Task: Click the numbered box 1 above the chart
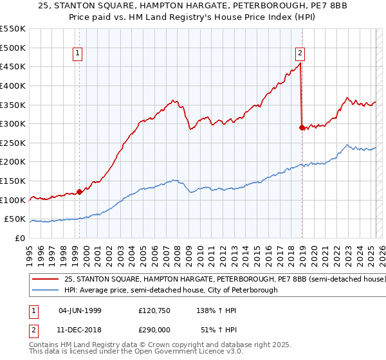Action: pyautogui.click(x=77, y=54)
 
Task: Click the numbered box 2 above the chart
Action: pyautogui.click(x=300, y=54)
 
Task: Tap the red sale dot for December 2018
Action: pyautogui.click(x=302, y=127)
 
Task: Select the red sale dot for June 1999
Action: pyautogui.click(x=79, y=191)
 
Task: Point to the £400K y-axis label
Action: pyautogui.click(x=13, y=85)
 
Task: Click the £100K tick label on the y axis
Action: pyautogui.click(x=13, y=200)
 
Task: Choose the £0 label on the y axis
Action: pyautogui.click(x=20, y=238)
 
